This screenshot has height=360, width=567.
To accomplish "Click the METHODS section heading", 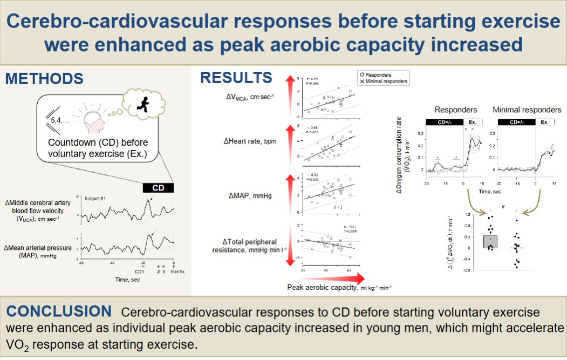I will tap(44, 79).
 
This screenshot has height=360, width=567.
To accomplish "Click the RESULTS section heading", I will tap(236, 77).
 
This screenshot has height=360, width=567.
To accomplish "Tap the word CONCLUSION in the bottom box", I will tap(59, 312).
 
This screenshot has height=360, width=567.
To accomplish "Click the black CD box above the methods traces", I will tap(158, 188).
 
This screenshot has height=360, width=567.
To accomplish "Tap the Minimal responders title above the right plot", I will tap(527, 110).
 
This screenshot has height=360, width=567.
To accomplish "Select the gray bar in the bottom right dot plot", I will tap(490, 241).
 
